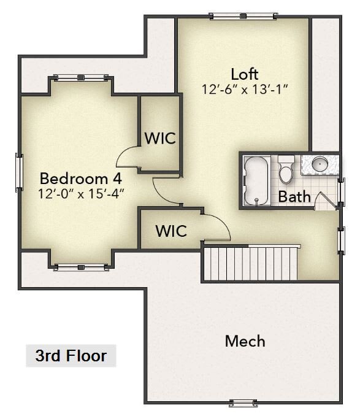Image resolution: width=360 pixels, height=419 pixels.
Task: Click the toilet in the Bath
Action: [286, 170]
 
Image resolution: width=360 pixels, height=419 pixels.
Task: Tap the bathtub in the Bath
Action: [256, 181]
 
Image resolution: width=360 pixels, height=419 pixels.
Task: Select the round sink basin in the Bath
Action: [320, 164]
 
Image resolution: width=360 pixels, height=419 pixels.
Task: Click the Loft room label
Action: [244, 74]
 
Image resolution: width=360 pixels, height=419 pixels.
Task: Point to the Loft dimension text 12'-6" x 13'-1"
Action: [244, 89]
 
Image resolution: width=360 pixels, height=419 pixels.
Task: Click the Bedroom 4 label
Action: [81, 179]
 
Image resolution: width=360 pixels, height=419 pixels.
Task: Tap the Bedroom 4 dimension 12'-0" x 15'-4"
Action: [81, 194]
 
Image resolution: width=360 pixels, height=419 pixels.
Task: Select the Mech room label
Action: [245, 341]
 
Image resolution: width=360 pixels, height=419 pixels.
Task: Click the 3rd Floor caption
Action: [71, 356]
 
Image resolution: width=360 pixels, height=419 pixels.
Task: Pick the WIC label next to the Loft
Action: [160, 138]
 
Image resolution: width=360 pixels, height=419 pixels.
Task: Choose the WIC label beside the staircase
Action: [171, 231]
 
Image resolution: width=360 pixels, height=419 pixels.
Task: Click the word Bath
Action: [294, 197]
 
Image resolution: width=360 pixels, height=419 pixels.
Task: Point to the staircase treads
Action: [250, 263]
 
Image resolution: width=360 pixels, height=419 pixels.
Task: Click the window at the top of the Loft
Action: [243, 16]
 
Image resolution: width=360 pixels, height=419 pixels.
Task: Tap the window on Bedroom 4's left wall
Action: [18, 172]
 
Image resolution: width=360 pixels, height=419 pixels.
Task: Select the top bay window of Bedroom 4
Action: [81, 78]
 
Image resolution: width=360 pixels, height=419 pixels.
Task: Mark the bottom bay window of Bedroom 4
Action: [81, 267]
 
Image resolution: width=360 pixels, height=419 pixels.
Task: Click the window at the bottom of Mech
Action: [243, 403]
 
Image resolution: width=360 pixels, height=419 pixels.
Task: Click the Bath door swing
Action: [324, 201]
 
